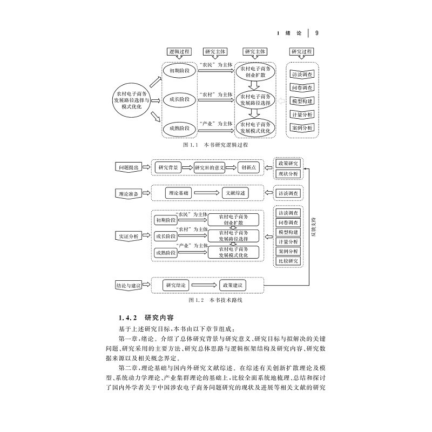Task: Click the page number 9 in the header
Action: pos(317,33)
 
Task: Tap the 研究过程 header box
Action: pos(301,52)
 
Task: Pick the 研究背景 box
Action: pos(168,167)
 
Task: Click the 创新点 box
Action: pos(249,167)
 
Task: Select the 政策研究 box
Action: pos(288,163)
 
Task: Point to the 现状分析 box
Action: pos(288,174)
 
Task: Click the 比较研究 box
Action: pos(288,261)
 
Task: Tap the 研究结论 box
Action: pos(177,285)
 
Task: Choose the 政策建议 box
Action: pos(233,285)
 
